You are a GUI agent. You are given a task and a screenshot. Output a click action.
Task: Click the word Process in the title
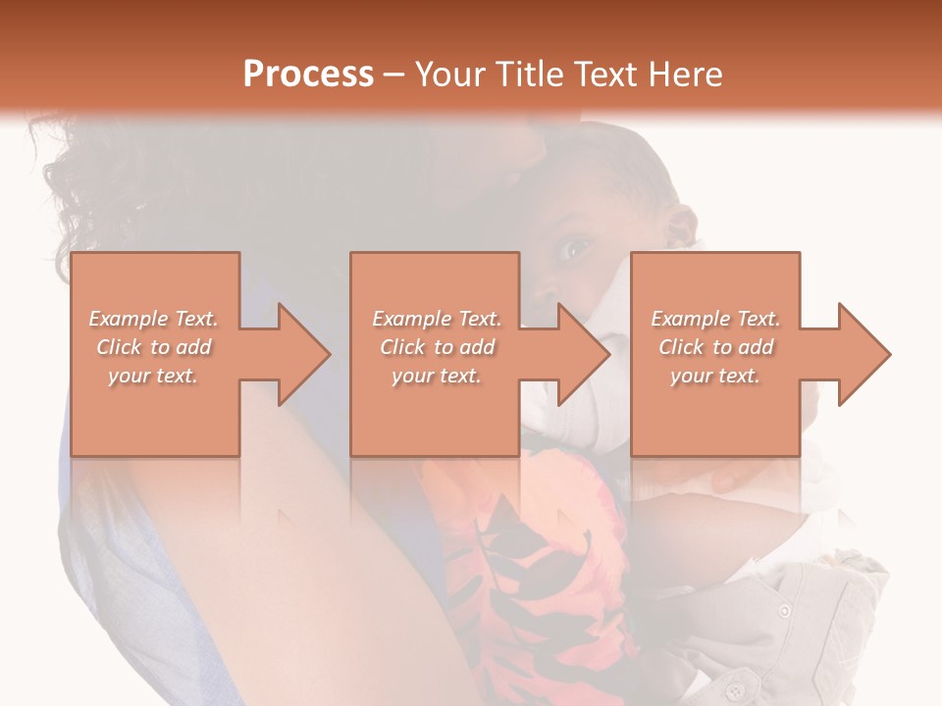pos(308,75)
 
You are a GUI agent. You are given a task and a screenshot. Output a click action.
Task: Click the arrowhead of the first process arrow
pos(305,354)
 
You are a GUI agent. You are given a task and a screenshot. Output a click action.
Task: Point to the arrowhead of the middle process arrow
pos(585,354)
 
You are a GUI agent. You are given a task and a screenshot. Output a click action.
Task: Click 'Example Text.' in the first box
pos(154,319)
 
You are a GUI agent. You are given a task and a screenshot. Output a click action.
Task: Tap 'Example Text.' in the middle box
pos(437,319)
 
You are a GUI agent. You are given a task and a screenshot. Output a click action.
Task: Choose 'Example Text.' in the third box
pos(715,319)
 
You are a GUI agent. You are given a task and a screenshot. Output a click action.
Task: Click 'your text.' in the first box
pos(154,376)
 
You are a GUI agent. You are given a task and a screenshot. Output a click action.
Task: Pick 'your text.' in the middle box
pos(437,376)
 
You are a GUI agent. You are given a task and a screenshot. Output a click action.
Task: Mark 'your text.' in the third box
pos(715,376)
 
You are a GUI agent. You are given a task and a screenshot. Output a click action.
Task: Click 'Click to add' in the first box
pos(154,347)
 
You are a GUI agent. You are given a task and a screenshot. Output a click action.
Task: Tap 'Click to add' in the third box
pos(715,347)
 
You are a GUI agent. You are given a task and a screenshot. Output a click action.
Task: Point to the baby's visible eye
pos(572,251)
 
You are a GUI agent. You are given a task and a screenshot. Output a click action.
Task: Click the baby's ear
pos(677,227)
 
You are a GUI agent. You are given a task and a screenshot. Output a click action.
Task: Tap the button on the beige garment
pos(784,611)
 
